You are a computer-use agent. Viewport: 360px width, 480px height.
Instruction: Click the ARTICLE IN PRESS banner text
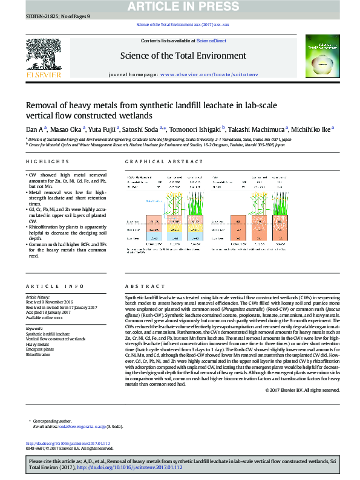[180, 7]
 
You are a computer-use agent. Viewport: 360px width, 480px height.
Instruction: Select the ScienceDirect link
[212, 41]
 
